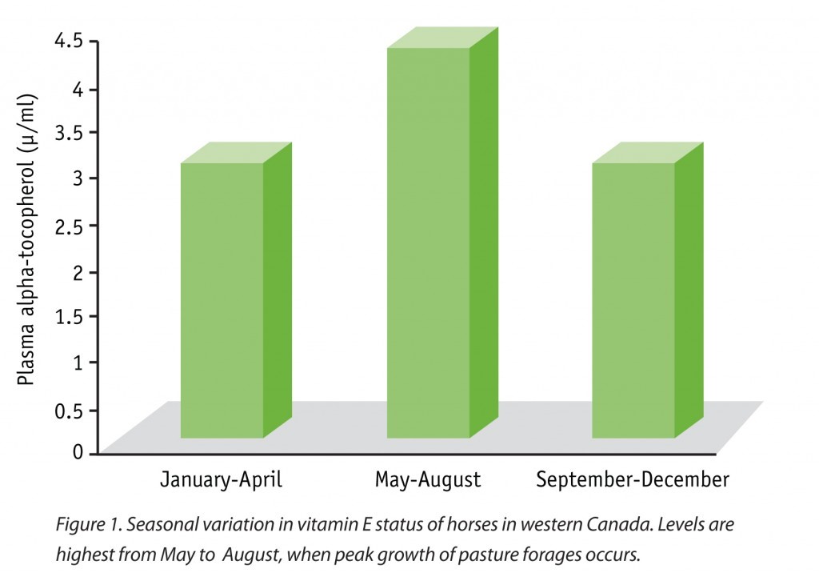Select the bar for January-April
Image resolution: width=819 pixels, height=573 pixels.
[222, 300]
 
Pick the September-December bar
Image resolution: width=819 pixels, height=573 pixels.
[633, 300]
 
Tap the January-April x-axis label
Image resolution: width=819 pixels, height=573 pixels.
[222, 480]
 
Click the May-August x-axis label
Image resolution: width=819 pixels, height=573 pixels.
[428, 480]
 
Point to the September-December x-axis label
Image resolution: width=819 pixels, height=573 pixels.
[633, 480]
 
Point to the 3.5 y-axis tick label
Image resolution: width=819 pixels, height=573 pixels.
[70, 132]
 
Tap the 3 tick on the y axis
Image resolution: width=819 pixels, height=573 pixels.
[78, 177]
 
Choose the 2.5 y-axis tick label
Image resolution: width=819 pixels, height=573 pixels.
[70, 225]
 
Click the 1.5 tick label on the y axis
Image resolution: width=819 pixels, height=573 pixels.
[70, 316]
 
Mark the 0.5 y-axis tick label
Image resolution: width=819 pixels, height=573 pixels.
[70, 409]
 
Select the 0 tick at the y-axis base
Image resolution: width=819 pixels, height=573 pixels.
[78, 452]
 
